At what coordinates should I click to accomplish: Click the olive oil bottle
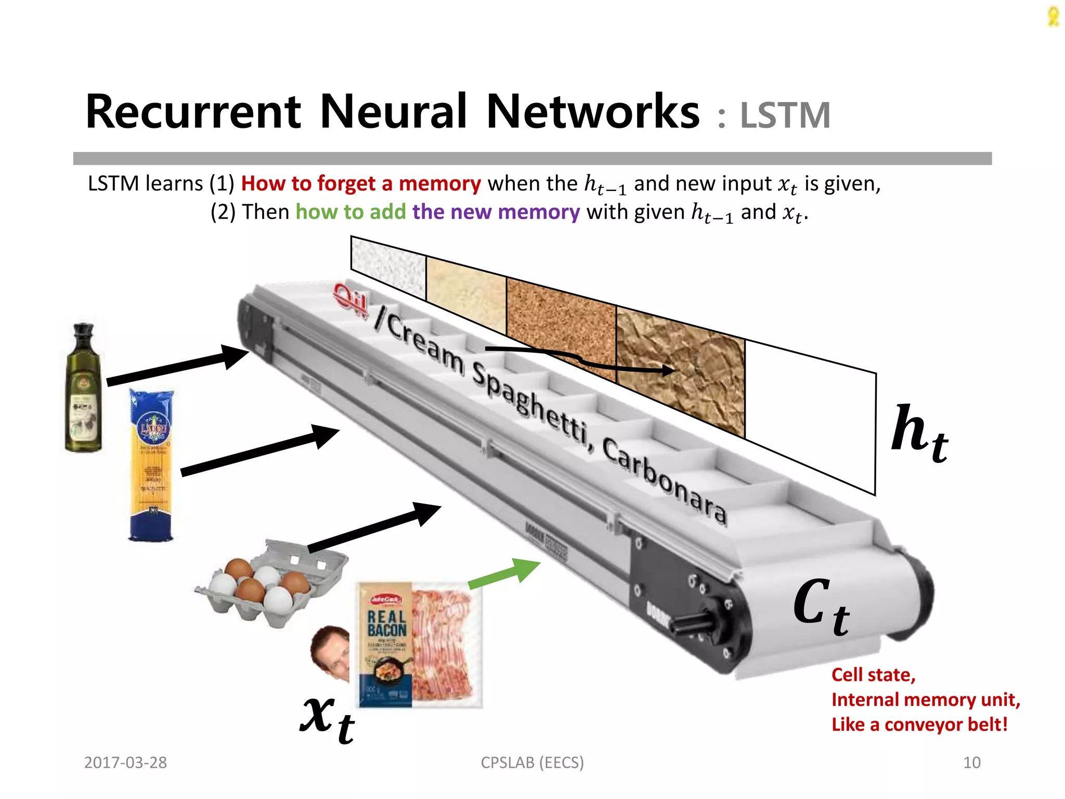pos(83,388)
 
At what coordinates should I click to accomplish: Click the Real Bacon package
pos(419,645)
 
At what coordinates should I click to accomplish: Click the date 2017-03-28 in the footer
pos(125,763)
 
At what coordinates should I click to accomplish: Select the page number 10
pos(971,763)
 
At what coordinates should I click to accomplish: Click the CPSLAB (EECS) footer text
pos(532,763)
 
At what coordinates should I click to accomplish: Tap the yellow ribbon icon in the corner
pos(1053,17)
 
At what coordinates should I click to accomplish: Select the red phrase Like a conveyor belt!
pos(919,725)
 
